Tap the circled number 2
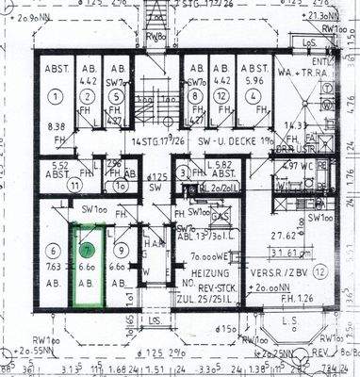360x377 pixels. tap(89, 94)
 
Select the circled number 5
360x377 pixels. tap(116, 94)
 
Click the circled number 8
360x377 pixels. tap(194, 94)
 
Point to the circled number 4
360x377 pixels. tap(252, 94)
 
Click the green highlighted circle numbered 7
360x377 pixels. tap(88, 251)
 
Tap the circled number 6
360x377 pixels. tap(53, 251)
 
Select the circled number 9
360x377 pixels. tap(120, 251)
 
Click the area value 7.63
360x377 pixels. tap(53, 266)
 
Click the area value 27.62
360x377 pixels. tap(284, 237)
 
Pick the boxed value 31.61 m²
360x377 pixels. tap(287, 252)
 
